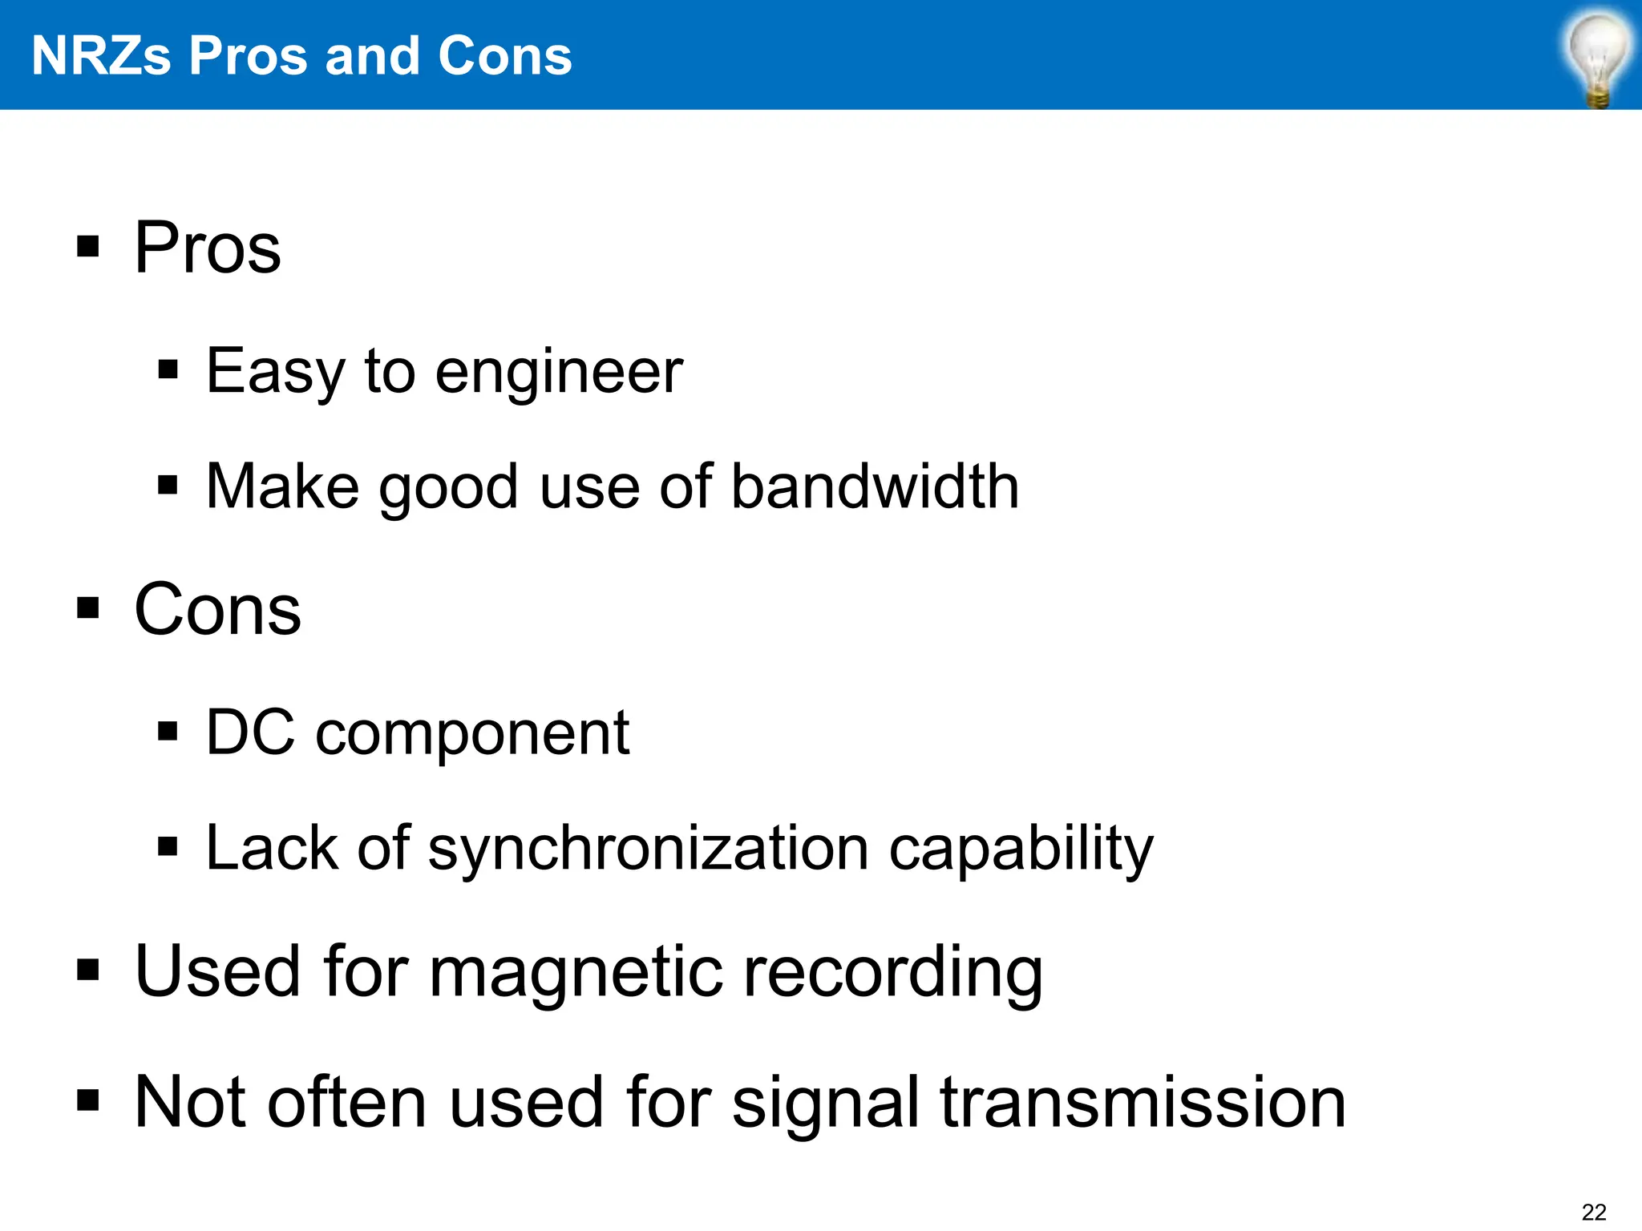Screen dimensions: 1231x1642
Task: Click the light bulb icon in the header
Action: tap(1598, 58)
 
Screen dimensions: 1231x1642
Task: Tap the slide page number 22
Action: tap(1594, 1212)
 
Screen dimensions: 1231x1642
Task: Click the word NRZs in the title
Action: tap(101, 56)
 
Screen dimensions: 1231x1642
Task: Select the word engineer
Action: tap(560, 372)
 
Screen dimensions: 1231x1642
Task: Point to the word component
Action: tap(473, 734)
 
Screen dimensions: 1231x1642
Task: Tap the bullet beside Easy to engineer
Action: tap(168, 369)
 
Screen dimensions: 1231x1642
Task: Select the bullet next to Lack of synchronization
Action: tap(168, 846)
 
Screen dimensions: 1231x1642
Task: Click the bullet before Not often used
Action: tap(88, 1101)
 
